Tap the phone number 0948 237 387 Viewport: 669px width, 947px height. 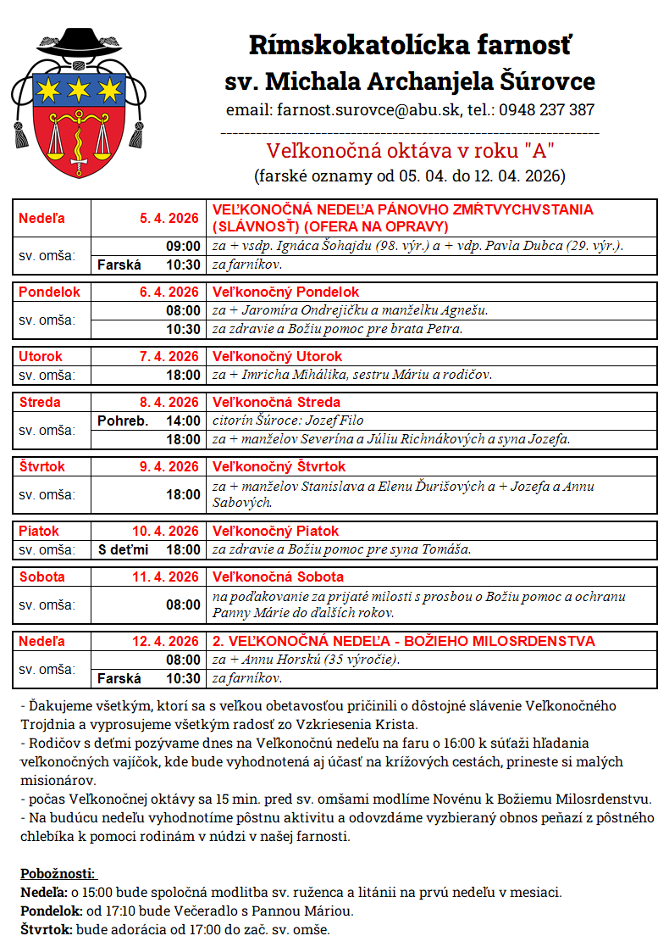click(546, 110)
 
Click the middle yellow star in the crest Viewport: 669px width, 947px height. click(79, 87)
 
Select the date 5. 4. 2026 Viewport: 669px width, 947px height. click(169, 219)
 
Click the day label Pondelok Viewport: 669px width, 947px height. click(49, 292)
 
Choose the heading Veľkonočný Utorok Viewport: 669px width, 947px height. click(277, 356)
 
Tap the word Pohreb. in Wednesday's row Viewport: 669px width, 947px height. click(123, 421)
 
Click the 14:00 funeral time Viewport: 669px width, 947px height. click(184, 421)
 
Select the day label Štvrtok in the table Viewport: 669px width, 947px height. click(42, 466)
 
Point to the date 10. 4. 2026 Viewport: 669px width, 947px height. click(166, 531)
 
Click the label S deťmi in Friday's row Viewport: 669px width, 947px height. click(123, 549)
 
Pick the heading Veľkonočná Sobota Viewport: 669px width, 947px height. click(277, 577)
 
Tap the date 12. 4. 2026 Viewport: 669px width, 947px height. click(166, 641)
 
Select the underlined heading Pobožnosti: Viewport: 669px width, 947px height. click(58, 873)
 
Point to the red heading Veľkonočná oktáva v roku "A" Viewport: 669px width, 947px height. click(410, 151)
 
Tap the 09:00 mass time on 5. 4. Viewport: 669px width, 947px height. click(184, 246)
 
